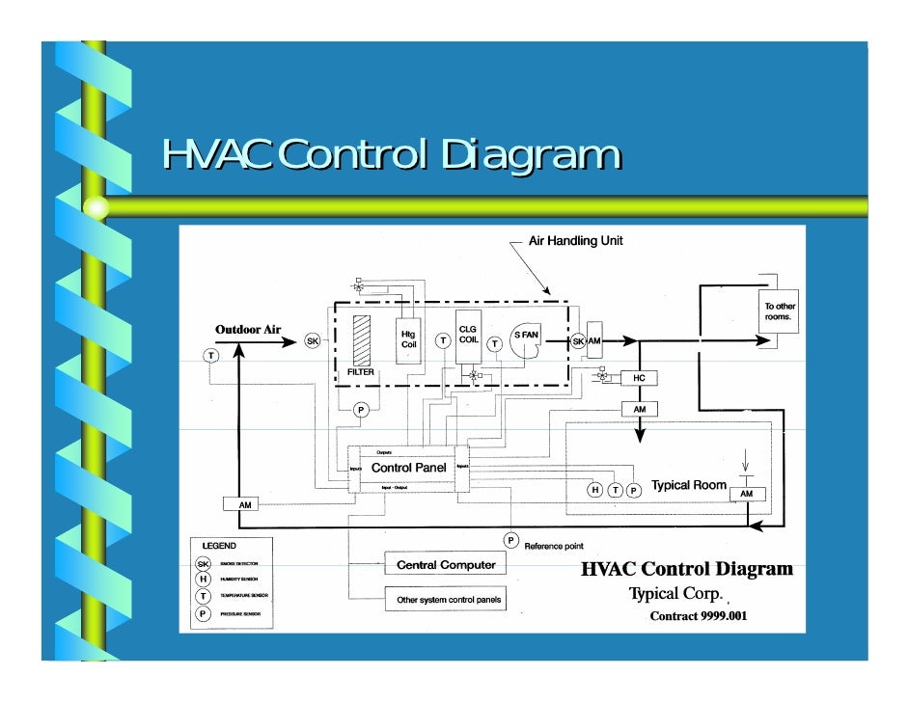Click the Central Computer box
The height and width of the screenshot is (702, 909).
440,564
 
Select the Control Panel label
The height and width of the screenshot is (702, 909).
408,468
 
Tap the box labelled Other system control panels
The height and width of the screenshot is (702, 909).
449,600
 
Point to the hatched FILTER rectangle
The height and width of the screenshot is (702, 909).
361,338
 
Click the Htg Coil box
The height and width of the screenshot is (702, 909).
409,339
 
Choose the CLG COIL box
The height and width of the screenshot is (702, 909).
468,334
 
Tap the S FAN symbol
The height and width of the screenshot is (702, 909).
527,335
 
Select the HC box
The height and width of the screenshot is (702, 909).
638,379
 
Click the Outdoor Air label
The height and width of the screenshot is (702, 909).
247,330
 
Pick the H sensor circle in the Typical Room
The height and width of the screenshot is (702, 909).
595,490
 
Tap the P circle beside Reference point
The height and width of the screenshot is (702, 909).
510,539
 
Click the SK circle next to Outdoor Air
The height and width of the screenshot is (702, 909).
313,340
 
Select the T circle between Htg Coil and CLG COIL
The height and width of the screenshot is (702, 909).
442,340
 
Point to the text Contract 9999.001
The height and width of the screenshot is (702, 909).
698,615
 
